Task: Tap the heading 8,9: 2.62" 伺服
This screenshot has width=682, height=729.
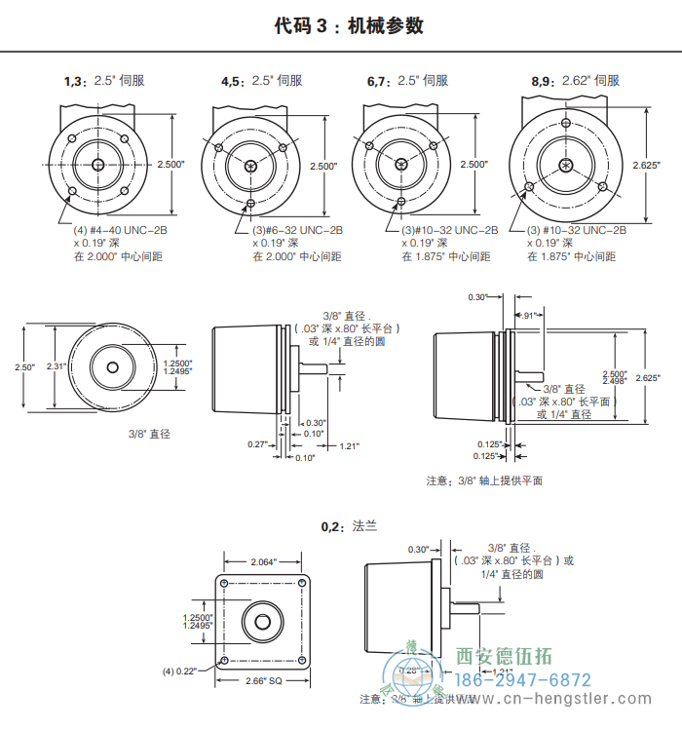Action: click(575, 82)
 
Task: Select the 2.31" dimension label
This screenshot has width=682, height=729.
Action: click(57, 366)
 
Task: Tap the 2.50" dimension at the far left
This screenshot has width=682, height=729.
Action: click(24, 367)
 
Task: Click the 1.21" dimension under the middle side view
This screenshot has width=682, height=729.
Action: click(349, 446)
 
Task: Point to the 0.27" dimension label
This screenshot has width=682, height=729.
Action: click(257, 444)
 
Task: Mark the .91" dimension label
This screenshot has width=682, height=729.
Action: click(530, 316)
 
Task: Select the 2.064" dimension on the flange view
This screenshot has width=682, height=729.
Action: click(264, 562)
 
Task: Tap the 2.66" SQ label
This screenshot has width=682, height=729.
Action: click(263, 680)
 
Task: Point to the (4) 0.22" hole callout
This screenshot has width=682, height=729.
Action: click(179, 671)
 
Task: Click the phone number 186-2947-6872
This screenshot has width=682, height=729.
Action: click(523, 680)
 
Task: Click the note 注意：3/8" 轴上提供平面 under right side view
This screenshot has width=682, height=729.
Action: click(484, 480)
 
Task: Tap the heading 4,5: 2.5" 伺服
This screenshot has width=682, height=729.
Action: click(260, 82)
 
